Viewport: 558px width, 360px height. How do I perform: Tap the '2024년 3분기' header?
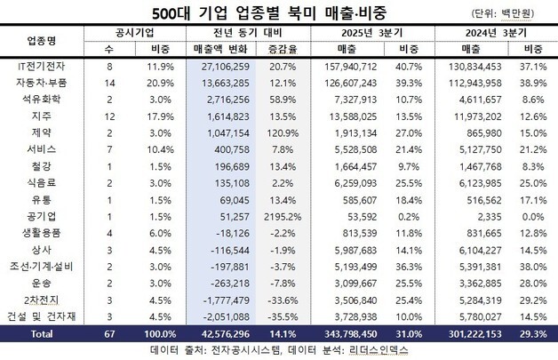coord(493,33)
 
